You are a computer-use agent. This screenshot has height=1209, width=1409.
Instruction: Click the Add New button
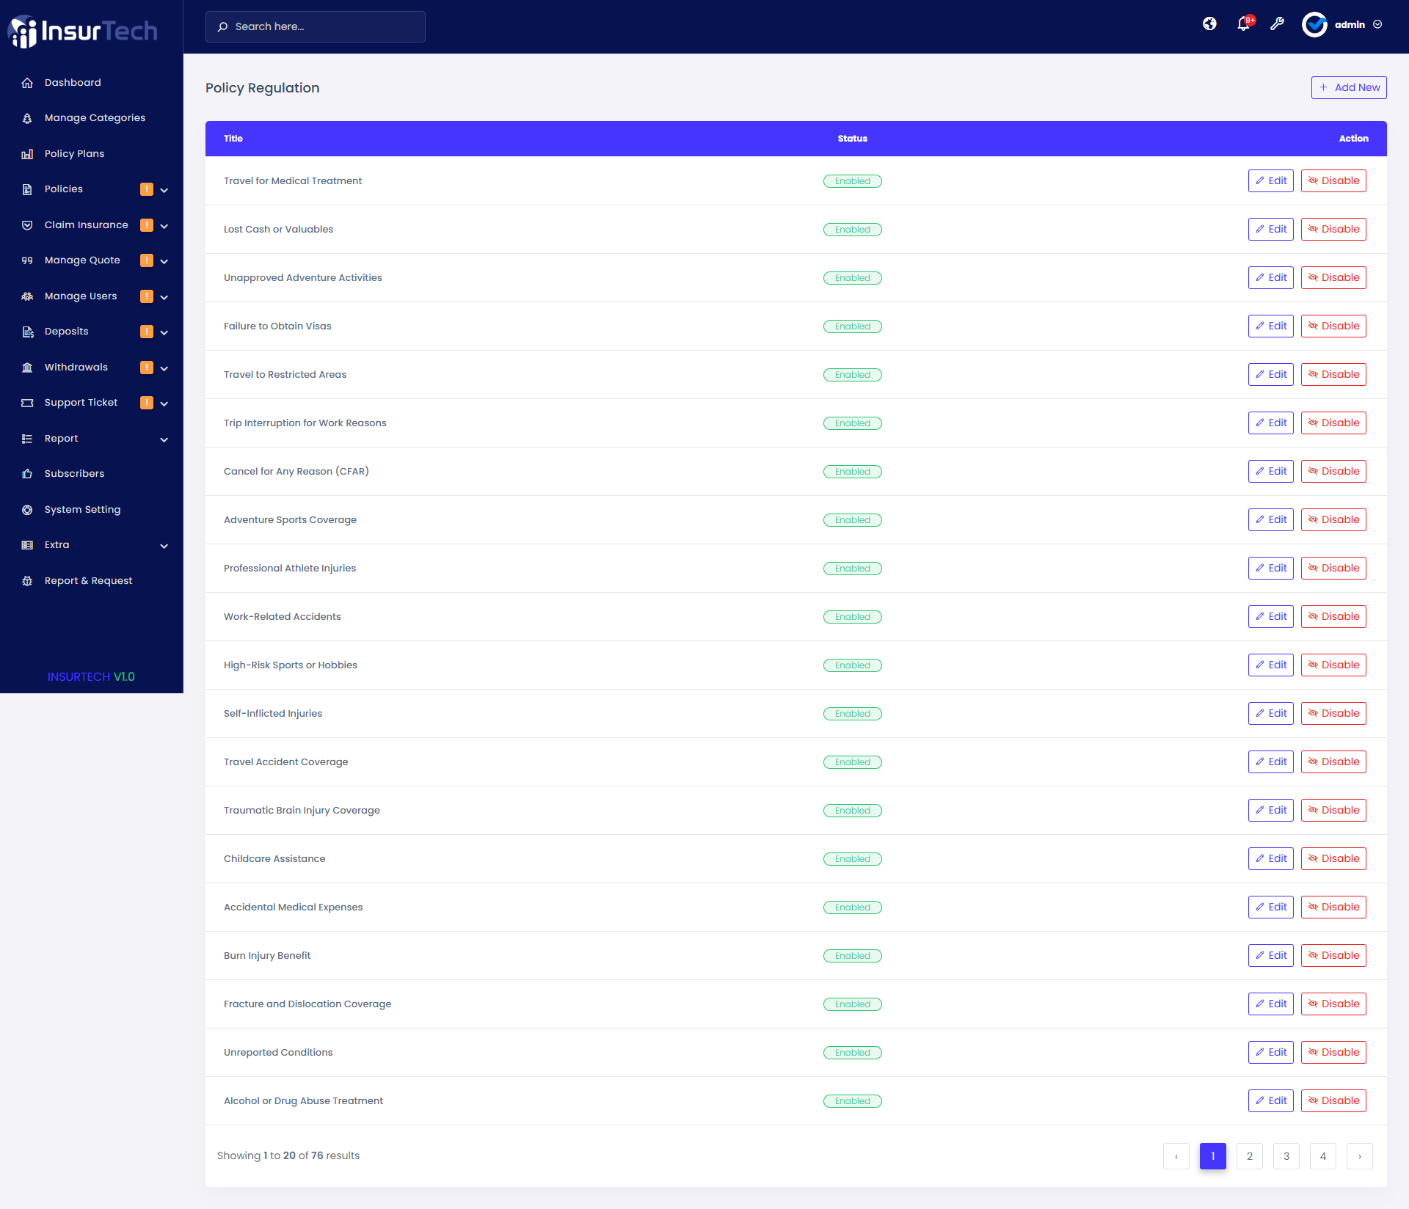[1349, 87]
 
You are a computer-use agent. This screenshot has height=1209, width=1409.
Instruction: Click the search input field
[316, 26]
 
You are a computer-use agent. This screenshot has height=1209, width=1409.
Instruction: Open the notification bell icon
[1243, 23]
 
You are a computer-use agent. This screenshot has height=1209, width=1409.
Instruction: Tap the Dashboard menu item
[73, 82]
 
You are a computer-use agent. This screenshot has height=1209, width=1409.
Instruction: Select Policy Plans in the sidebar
[74, 153]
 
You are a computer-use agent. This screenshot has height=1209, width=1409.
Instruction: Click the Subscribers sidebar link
[74, 473]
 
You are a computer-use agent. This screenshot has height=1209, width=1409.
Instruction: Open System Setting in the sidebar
[82, 509]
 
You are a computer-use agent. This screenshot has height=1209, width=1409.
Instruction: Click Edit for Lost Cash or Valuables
[1270, 229]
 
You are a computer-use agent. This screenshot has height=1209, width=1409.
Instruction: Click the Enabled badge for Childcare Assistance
[852, 859]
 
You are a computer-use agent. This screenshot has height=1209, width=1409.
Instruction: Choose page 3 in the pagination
[1286, 1156]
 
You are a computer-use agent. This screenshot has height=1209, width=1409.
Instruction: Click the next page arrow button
[1359, 1156]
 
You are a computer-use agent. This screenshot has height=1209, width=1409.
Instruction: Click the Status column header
[852, 138]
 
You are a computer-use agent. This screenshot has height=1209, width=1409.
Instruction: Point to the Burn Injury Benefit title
[267, 955]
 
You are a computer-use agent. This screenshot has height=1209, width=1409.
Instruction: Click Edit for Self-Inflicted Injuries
[1270, 713]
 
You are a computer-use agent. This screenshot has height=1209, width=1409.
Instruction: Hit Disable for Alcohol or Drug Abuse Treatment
[1333, 1100]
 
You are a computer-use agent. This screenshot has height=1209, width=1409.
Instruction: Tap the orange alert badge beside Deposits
[147, 332]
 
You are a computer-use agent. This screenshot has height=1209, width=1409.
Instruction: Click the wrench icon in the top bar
[1277, 23]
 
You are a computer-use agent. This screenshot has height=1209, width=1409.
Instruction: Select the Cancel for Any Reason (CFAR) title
[296, 471]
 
